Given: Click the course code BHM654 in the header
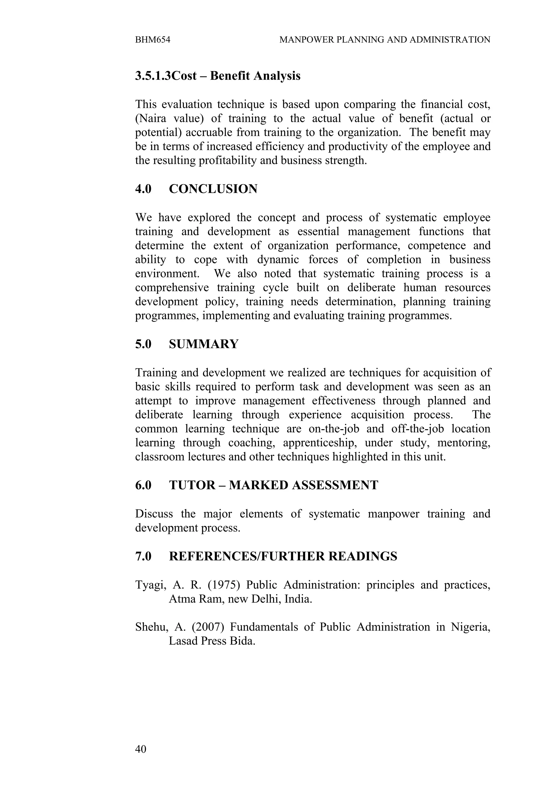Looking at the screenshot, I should click(x=153, y=40).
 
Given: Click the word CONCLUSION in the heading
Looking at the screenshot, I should click(x=213, y=189).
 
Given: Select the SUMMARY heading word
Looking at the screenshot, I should click(x=204, y=344).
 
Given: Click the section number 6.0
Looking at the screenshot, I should click(x=143, y=485).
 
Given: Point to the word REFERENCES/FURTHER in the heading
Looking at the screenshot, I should click(x=247, y=556).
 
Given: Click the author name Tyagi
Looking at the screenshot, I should click(x=148, y=585).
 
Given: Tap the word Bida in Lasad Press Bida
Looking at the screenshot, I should click(x=243, y=641).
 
